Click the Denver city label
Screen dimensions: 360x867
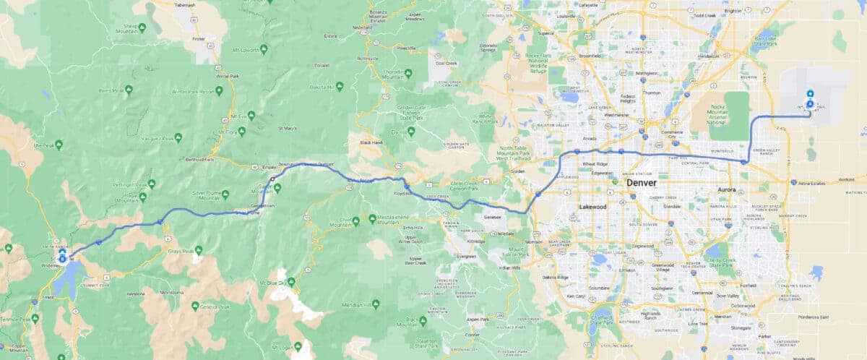(642, 183)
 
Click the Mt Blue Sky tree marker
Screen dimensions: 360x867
(291, 282)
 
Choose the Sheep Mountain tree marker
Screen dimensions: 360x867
(142, 27)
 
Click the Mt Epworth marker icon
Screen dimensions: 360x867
(264, 49)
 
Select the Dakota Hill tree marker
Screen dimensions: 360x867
(339, 86)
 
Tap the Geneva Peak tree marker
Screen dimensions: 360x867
(195, 306)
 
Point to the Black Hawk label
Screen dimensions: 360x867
(371, 143)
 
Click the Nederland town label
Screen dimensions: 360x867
(362, 27)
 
